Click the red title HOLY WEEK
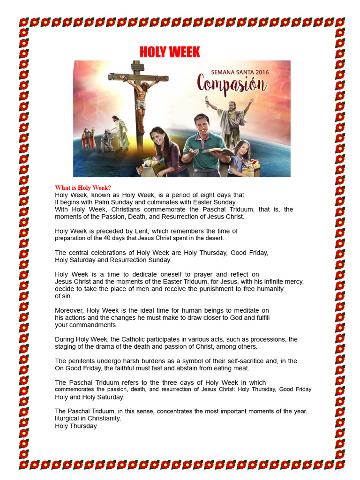(x=170, y=52)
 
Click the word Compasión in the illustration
(x=232, y=85)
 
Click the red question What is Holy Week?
(x=83, y=188)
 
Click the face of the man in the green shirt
(x=202, y=126)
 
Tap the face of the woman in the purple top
(x=158, y=138)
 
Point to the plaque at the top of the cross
(x=137, y=67)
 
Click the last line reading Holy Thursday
(x=76, y=426)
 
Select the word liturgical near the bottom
(x=69, y=419)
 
